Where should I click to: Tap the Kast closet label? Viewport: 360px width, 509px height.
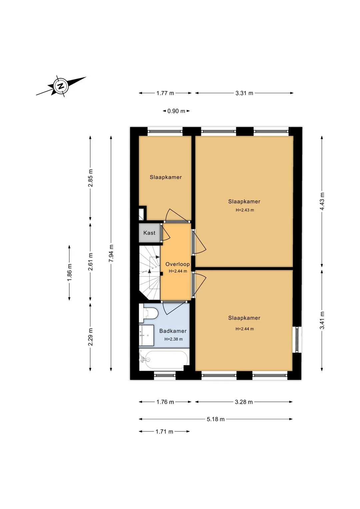pyautogui.click(x=149, y=233)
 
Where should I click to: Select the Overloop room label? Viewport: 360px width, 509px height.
pyautogui.click(x=177, y=264)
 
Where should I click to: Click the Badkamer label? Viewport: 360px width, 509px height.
pyautogui.click(x=173, y=331)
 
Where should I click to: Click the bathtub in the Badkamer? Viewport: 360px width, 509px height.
pyautogui.click(x=163, y=360)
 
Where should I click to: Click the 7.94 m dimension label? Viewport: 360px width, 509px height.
pyautogui.click(x=111, y=253)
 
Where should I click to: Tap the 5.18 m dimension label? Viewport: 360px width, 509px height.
pyautogui.click(x=215, y=419)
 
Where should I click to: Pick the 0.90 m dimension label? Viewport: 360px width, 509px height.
pyautogui.click(x=176, y=111)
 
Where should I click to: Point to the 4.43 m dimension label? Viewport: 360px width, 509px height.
pyautogui.click(x=322, y=201)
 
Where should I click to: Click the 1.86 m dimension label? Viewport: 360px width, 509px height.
pyautogui.click(x=69, y=272)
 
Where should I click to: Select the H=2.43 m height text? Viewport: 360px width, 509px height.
pyautogui.click(x=245, y=210)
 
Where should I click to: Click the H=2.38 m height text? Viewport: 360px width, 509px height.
pyautogui.click(x=173, y=339)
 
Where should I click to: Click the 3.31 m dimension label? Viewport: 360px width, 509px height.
pyautogui.click(x=244, y=93)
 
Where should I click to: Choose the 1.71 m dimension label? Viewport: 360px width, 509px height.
pyautogui.click(x=164, y=432)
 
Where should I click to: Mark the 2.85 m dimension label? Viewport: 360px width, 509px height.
pyautogui.click(x=90, y=178)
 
